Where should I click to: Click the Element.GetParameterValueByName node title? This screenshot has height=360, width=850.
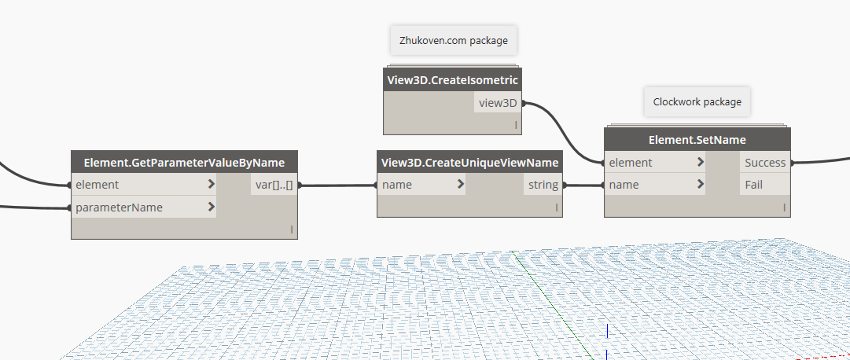coord(183,162)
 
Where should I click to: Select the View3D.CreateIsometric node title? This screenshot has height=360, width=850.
coord(452,79)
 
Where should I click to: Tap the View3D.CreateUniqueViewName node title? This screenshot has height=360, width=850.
coord(469,162)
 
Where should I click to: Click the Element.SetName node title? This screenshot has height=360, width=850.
coord(697,139)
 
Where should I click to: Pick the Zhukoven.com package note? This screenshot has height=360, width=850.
coord(453,40)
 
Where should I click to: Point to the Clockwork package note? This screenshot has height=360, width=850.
coord(697,101)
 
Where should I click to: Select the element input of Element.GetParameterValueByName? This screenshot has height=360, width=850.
coord(98,185)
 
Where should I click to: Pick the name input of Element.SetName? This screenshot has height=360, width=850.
coord(624,185)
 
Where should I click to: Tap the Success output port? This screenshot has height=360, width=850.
coord(764,163)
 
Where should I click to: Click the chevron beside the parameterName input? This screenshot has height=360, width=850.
coord(211,208)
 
